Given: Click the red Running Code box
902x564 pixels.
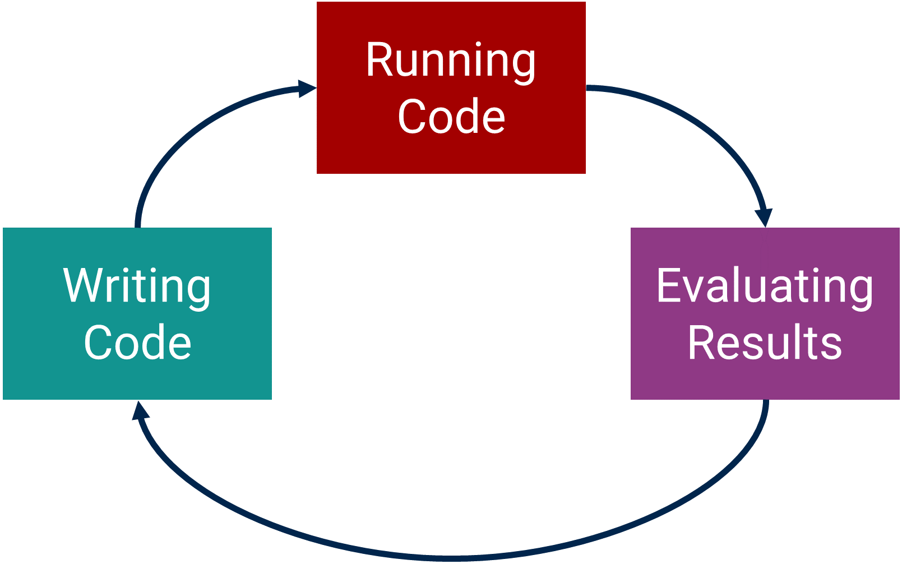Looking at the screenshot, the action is click(x=451, y=88).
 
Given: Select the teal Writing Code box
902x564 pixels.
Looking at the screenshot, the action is click(x=137, y=313).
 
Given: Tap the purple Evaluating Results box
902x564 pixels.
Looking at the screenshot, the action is click(x=765, y=313).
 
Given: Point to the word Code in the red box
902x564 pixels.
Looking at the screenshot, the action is click(x=451, y=116).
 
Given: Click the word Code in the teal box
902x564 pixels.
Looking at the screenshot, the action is click(x=137, y=342).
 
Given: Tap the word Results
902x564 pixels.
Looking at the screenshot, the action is click(x=765, y=342).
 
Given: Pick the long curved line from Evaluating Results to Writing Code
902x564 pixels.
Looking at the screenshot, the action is click(x=451, y=558).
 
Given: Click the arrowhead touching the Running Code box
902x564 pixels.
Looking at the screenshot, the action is click(x=307, y=89).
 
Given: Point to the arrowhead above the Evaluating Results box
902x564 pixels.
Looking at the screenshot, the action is click(x=764, y=218).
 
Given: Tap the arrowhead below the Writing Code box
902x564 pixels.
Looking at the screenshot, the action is click(x=140, y=410).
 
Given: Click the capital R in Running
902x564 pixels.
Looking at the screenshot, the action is click(x=380, y=59).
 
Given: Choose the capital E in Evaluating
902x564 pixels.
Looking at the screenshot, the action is click(x=669, y=285).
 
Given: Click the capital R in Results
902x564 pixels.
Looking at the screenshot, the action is click(x=701, y=341).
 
